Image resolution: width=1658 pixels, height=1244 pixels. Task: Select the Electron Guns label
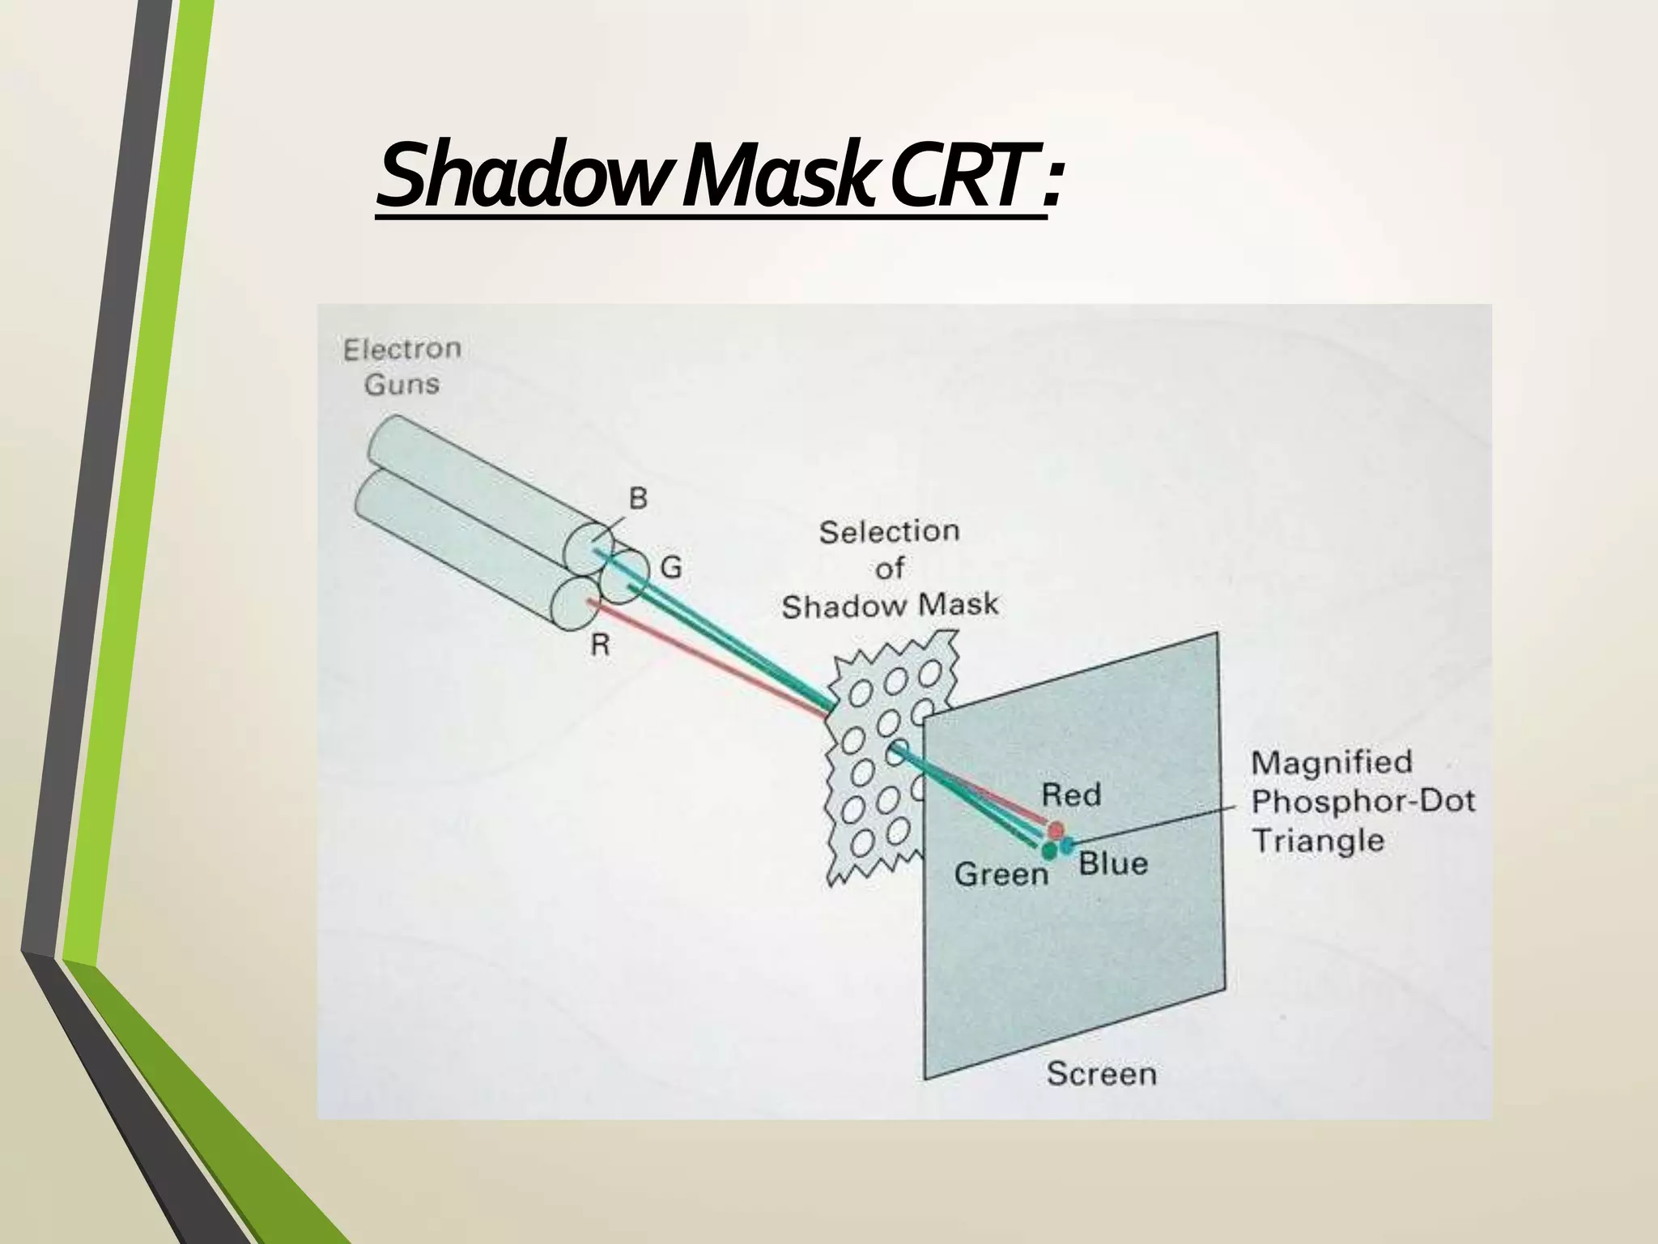point(402,366)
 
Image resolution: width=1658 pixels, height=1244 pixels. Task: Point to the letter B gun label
point(638,498)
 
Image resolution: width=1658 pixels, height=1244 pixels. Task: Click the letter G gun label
point(671,568)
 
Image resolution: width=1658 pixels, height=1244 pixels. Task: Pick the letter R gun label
point(600,645)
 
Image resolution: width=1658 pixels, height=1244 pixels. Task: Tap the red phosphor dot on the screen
point(1056,829)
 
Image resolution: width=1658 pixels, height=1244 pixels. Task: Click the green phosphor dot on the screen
point(1049,850)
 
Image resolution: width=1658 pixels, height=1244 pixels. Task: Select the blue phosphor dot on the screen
point(1068,846)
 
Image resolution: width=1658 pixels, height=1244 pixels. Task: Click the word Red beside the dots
point(1070,795)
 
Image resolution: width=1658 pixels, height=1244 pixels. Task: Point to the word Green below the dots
point(1001,874)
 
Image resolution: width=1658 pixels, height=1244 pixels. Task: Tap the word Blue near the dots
point(1113,863)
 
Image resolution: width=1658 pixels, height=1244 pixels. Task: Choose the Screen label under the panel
point(1101,1074)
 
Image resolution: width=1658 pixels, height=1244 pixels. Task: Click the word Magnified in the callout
point(1332,762)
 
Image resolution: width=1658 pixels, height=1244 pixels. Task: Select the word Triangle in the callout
point(1318,840)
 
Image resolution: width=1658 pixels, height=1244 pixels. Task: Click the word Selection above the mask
point(889,532)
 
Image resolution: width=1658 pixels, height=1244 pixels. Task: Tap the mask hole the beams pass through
point(898,752)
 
